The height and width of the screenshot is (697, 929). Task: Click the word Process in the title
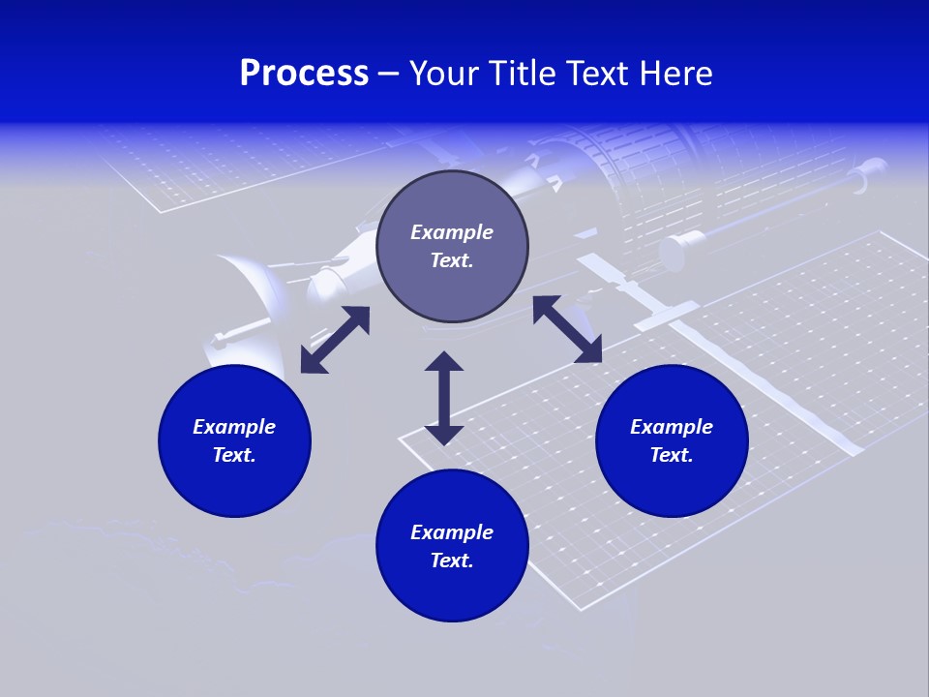pyautogui.click(x=304, y=74)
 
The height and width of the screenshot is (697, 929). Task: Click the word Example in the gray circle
pyautogui.click(x=452, y=232)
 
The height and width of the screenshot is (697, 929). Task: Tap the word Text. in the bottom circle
pyautogui.click(x=452, y=561)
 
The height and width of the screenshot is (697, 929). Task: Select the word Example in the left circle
pyautogui.click(x=234, y=427)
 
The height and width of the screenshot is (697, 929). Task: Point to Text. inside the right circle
pyautogui.click(x=672, y=455)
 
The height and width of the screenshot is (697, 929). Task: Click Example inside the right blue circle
pyautogui.click(x=672, y=427)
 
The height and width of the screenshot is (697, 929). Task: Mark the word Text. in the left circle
pyautogui.click(x=234, y=455)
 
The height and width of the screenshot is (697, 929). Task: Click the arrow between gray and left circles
pyautogui.click(x=335, y=340)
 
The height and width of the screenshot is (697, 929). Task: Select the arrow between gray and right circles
pyautogui.click(x=567, y=329)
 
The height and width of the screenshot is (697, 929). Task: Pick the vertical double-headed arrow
pyautogui.click(x=444, y=398)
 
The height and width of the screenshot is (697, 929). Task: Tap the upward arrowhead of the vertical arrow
pyautogui.click(x=444, y=361)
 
